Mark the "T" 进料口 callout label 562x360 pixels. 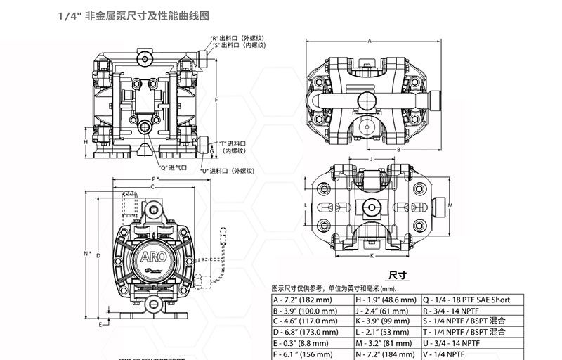coord(235,143)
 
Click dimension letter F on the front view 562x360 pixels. coord(216,100)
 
